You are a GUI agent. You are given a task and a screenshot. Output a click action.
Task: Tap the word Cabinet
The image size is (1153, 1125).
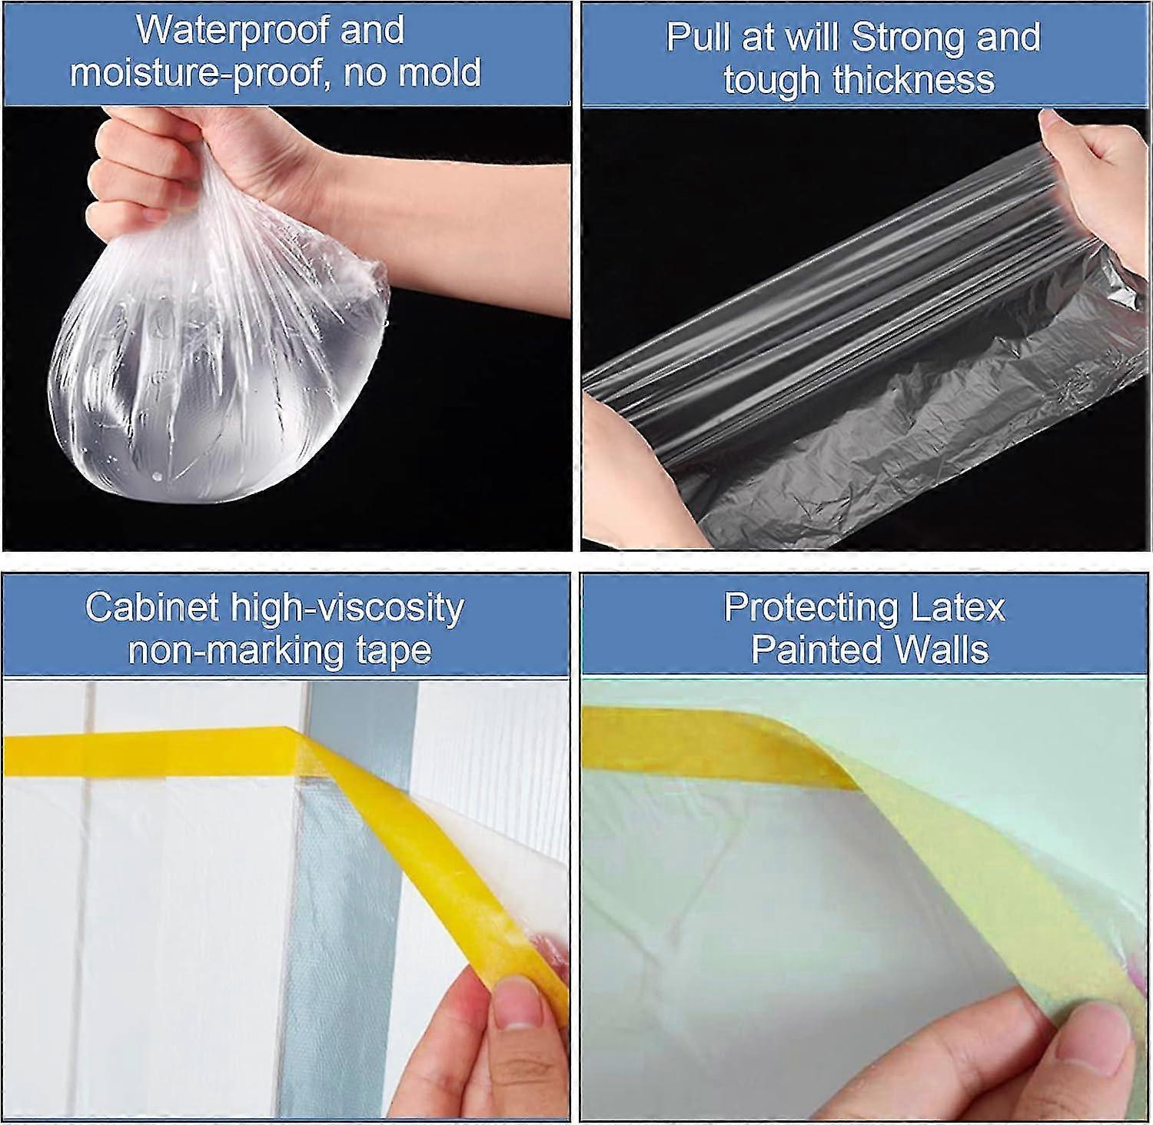click(x=152, y=607)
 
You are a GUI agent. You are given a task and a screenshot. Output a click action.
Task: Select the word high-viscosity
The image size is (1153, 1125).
click(x=347, y=609)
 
